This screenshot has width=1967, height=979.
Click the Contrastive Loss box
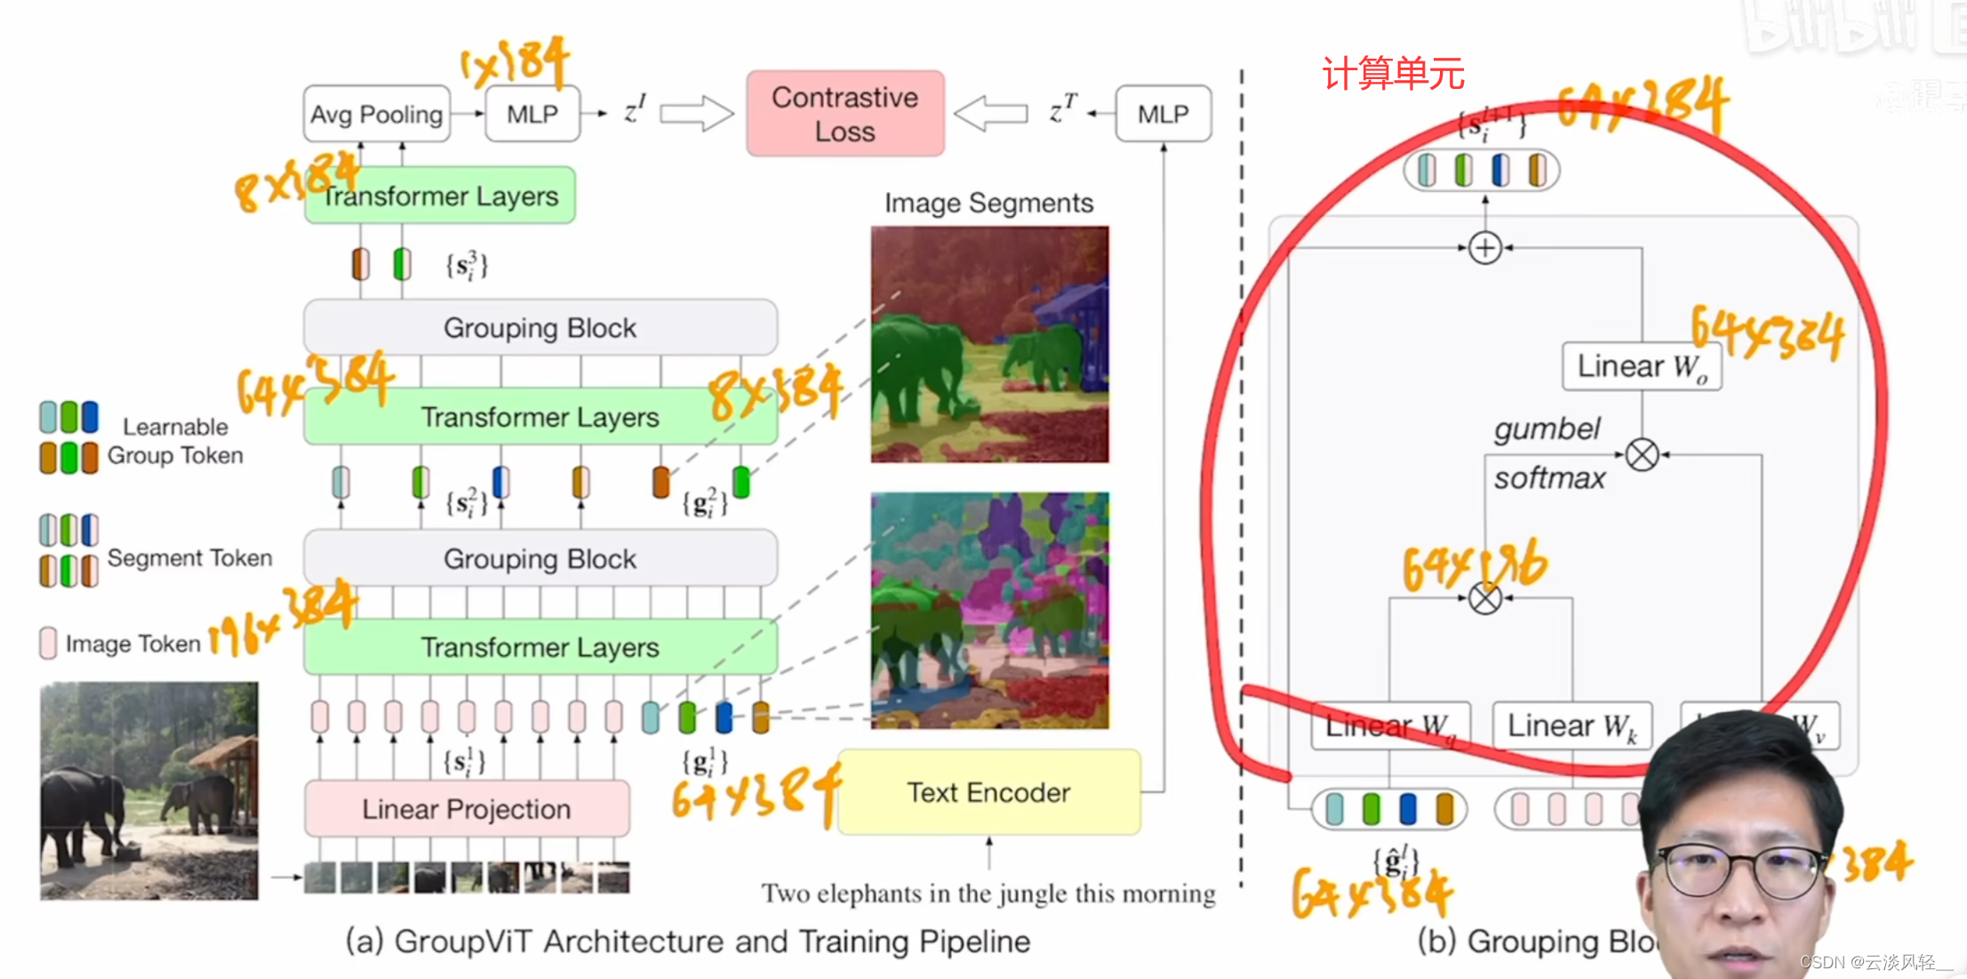coord(844,114)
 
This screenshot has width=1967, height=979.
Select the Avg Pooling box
coord(376,114)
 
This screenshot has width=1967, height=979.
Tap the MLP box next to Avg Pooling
coord(532,114)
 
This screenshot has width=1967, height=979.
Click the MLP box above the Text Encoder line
coord(1163,114)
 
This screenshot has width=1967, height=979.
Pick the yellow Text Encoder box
coord(988,791)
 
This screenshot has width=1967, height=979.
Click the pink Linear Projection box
coord(467,808)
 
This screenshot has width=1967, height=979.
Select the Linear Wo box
coord(1642,366)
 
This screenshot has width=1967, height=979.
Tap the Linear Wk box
coord(1571,726)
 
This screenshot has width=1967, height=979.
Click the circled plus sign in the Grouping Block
coord(1485,248)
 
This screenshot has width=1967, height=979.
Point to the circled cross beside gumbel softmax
coord(1642,454)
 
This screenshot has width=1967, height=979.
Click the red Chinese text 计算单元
coord(1393,74)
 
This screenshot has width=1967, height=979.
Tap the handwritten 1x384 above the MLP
coord(516,62)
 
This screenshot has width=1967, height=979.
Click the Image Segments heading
coord(988,203)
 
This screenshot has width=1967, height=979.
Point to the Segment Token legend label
coord(189,558)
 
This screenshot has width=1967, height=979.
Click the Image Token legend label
coord(132,643)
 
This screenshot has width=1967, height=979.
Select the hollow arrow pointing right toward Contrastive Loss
coord(696,114)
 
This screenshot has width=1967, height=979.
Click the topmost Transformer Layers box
coord(440,196)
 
